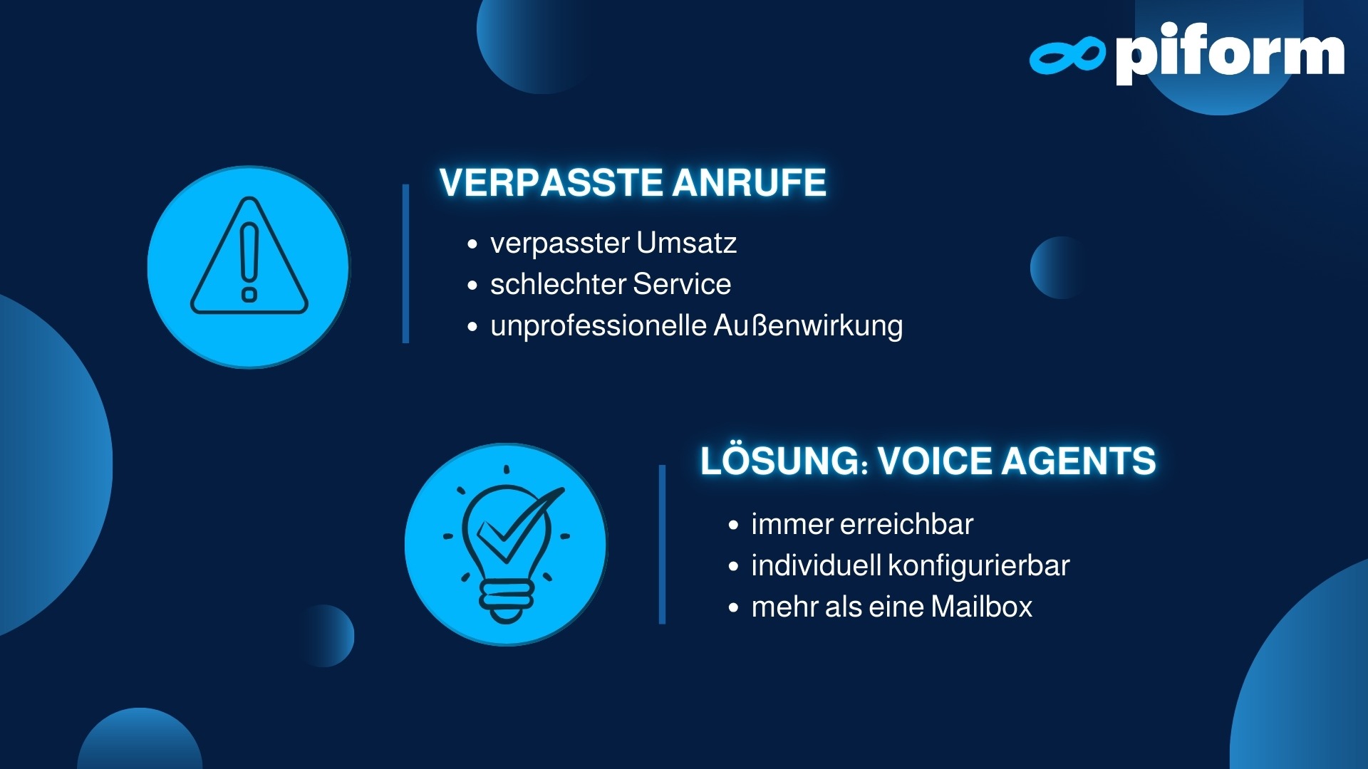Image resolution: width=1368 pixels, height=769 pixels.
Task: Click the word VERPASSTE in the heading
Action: point(551,182)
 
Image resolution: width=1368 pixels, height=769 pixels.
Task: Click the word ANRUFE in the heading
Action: point(749,182)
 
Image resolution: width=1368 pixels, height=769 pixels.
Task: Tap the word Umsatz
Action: point(686,243)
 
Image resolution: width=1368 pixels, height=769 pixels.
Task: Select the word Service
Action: point(682,284)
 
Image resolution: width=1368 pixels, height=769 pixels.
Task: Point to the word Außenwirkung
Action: point(808,326)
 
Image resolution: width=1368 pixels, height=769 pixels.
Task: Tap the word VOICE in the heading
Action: point(935,461)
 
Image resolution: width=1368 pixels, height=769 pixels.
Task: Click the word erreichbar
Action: point(907,524)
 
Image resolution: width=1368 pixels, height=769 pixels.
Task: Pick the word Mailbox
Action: point(981,607)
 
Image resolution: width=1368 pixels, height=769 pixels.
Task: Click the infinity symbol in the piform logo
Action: point(1067,56)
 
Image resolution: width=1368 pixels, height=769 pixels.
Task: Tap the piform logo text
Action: point(1230,53)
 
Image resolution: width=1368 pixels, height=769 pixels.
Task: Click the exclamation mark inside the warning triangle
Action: point(249,262)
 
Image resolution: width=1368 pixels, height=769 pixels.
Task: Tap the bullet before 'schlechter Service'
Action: point(472,286)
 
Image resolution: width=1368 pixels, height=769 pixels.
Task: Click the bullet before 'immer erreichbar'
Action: point(733,525)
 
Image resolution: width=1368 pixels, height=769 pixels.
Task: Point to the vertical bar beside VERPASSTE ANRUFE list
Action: point(406,263)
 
